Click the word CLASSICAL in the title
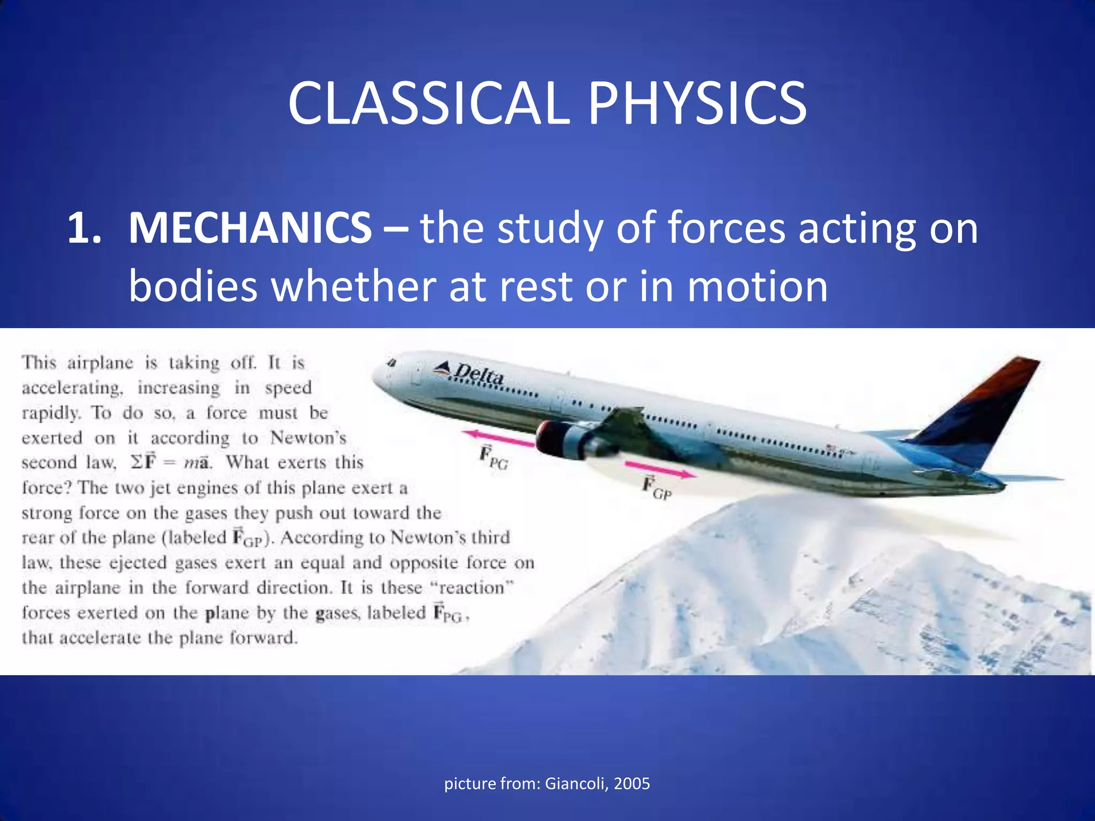coord(428,103)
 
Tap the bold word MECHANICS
coord(250,228)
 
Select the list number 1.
coord(84,228)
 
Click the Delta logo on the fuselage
coord(469,372)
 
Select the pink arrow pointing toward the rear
coord(661,470)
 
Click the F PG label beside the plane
coord(493,459)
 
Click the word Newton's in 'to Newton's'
coord(309,438)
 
